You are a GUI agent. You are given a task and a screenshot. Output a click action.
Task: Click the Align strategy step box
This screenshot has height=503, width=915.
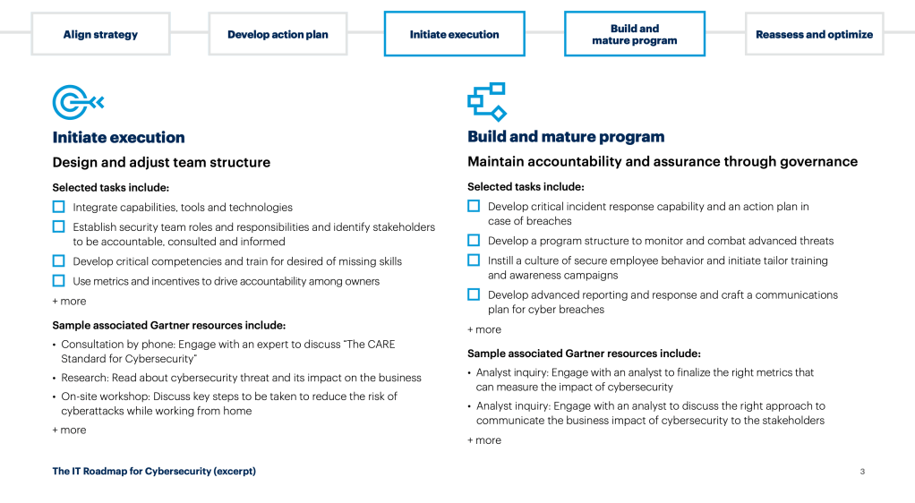(100, 34)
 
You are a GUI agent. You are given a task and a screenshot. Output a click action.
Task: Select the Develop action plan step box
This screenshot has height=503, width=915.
(278, 34)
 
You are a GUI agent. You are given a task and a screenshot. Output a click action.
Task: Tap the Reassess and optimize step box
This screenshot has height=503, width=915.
(814, 34)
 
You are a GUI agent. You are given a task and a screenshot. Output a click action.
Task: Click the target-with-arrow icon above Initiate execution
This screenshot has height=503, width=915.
(78, 103)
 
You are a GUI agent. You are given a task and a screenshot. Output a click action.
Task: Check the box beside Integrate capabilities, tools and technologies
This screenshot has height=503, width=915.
(59, 207)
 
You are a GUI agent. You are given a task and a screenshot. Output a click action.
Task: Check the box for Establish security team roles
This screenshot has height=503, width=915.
(59, 227)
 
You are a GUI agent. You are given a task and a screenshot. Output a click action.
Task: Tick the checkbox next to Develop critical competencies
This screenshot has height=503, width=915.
(59, 261)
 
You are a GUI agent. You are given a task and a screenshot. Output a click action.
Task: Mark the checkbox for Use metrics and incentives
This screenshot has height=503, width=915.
(59, 281)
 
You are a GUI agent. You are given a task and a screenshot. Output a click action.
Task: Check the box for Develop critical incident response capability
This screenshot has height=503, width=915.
(474, 207)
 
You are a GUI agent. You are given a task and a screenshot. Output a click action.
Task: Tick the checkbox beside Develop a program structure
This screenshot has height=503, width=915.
(474, 241)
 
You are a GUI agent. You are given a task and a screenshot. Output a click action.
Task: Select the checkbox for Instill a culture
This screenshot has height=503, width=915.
(474, 260)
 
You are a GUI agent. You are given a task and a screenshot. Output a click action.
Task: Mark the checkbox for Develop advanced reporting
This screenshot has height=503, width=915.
(474, 294)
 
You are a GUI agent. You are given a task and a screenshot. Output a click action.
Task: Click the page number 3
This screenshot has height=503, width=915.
(861, 472)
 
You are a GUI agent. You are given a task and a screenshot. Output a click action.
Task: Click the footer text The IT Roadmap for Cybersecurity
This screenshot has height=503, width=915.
(154, 471)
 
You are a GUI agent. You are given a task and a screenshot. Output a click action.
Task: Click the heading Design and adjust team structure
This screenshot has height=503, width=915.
(161, 162)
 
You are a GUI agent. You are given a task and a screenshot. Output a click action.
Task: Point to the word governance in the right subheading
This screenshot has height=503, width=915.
(818, 162)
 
